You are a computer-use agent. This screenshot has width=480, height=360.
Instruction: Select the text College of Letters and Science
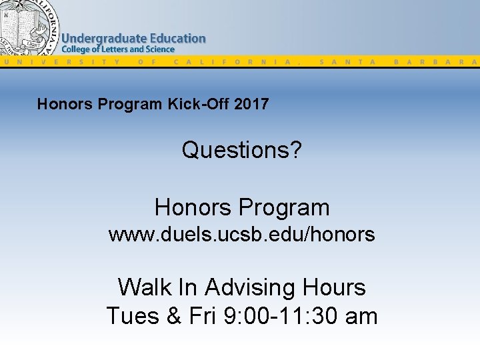(x=118, y=49)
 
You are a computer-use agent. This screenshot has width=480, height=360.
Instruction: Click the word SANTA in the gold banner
(x=347, y=61)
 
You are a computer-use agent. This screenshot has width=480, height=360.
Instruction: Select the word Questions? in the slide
(x=241, y=150)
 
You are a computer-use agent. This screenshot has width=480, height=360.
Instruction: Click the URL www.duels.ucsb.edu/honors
(x=241, y=235)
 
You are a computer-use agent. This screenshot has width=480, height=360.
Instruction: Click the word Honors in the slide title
(x=61, y=104)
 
